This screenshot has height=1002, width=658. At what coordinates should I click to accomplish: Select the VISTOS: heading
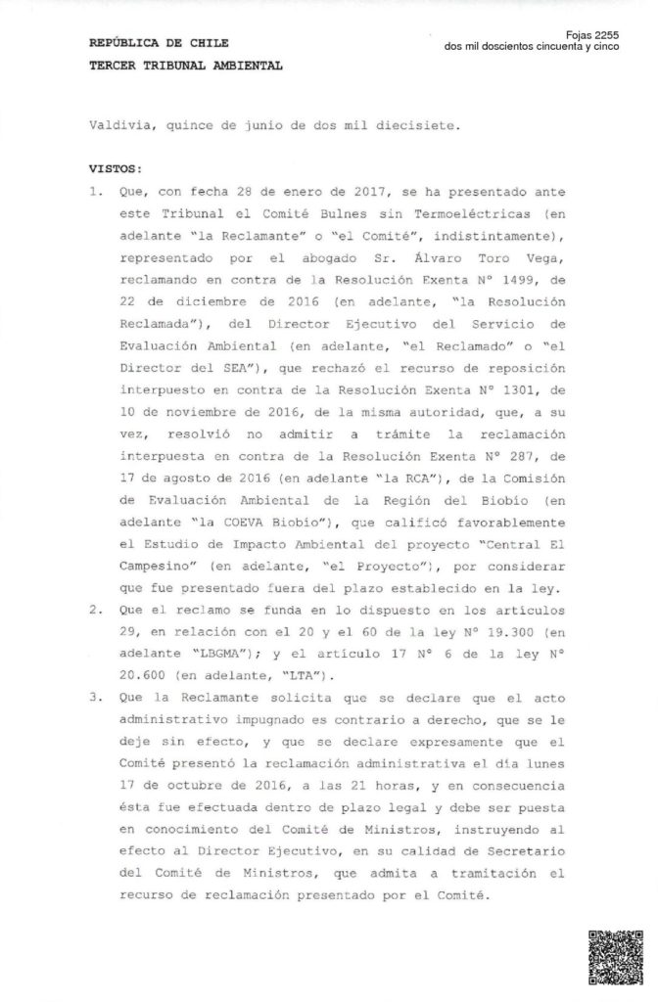(x=115, y=168)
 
